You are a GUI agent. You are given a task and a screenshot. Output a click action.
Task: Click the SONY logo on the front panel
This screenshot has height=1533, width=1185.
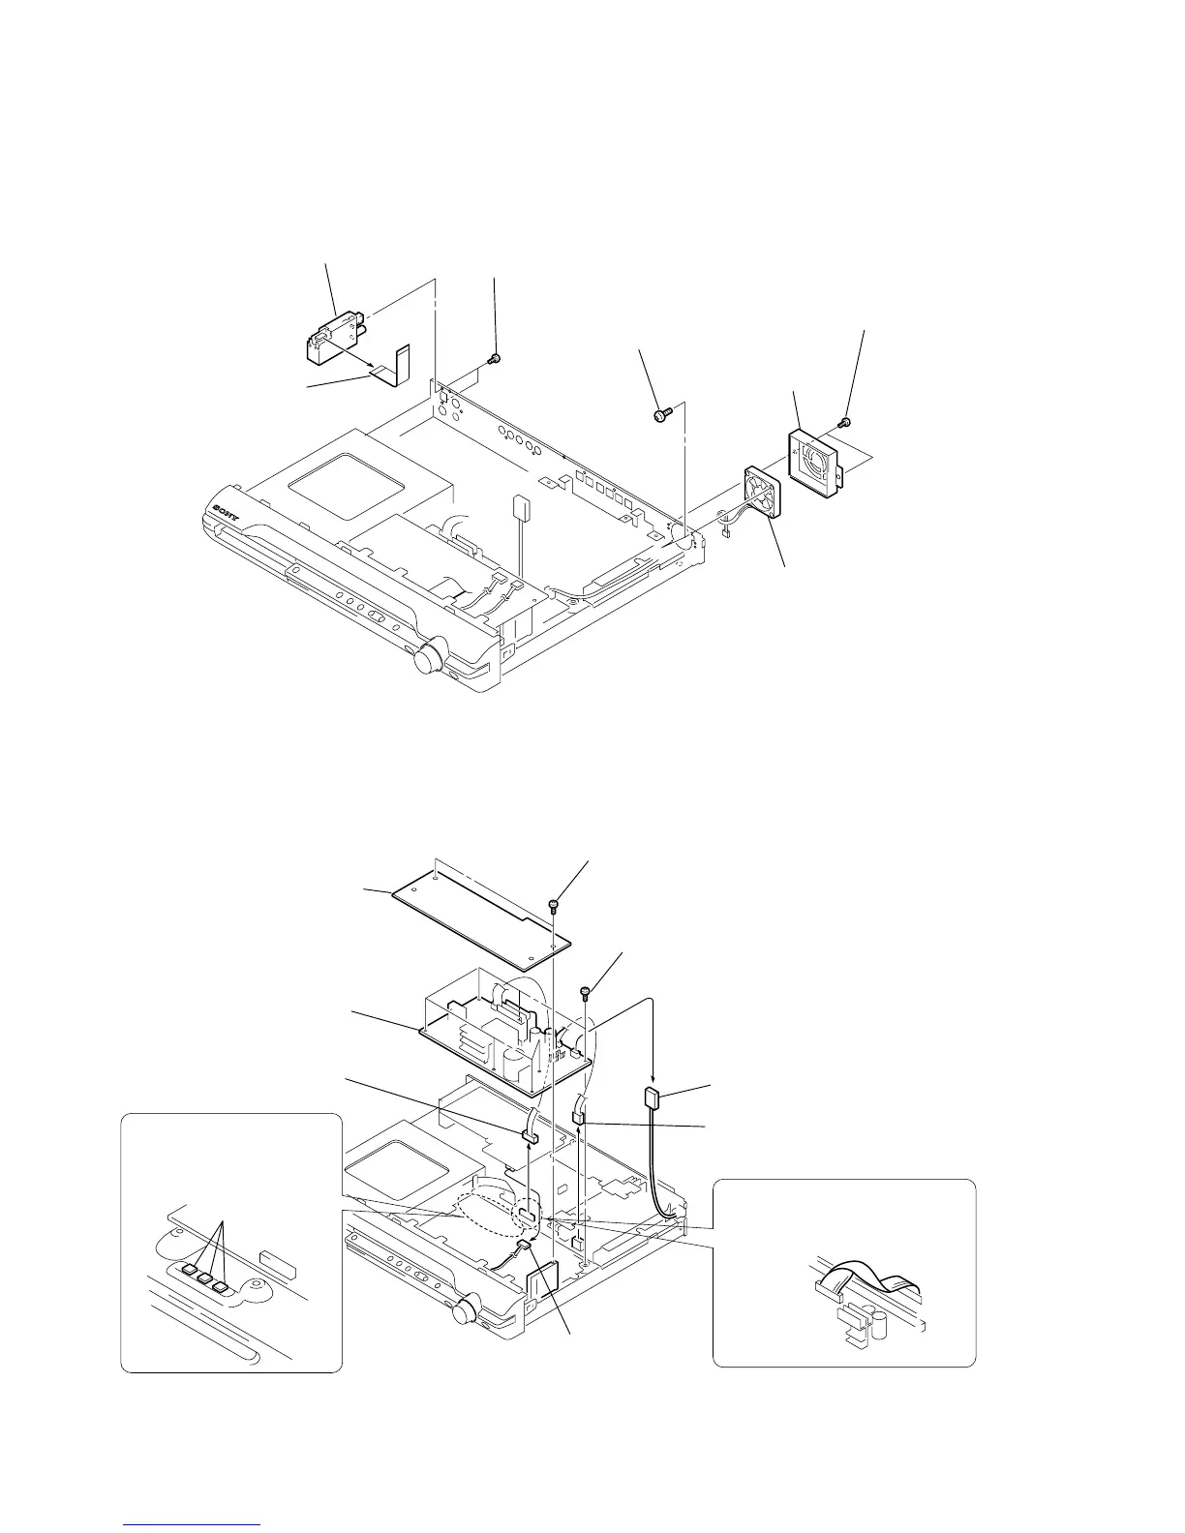coord(230,505)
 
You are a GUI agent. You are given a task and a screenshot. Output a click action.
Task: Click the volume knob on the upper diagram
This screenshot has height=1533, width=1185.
coord(428,660)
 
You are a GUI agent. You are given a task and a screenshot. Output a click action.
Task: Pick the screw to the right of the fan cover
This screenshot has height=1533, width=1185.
coord(841,422)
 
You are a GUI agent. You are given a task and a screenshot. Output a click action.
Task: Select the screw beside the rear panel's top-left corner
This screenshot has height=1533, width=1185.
coord(494,358)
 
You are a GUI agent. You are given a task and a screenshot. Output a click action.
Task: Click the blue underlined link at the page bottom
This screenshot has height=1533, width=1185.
coord(193,1525)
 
